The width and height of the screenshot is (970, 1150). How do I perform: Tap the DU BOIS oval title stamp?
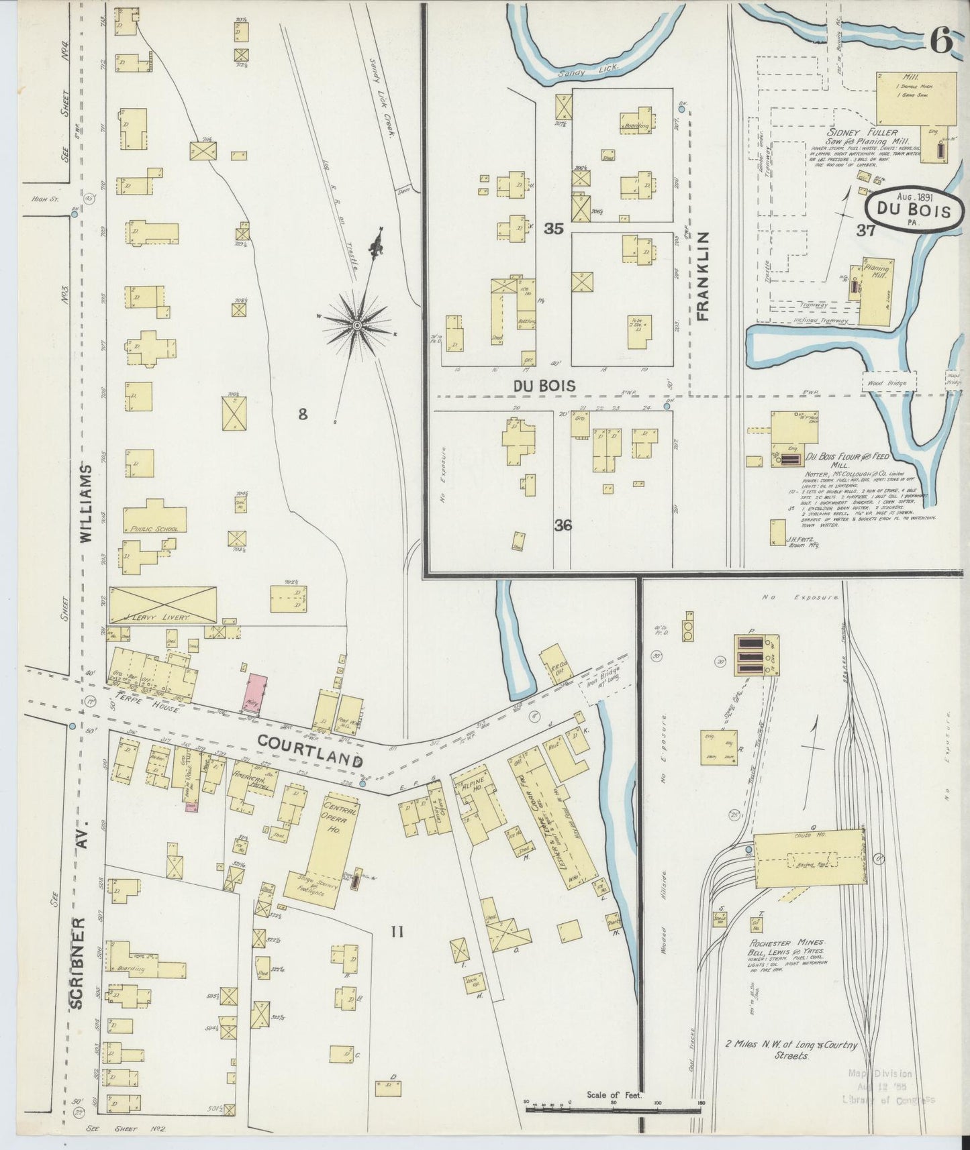pyautogui.click(x=913, y=211)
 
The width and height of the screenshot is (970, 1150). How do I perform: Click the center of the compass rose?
pyautogui.click(x=357, y=326)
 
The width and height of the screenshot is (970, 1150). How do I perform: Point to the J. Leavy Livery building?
pyautogui.click(x=162, y=605)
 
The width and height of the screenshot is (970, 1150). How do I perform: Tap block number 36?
pyautogui.click(x=563, y=525)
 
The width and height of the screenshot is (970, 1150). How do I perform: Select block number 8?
pyautogui.click(x=303, y=415)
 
